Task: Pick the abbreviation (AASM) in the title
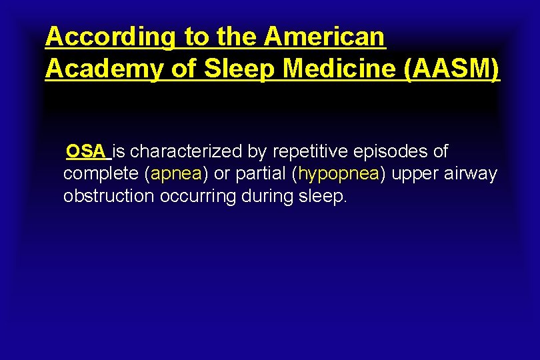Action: [452, 69]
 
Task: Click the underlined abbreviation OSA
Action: [86, 152]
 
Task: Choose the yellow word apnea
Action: [177, 175]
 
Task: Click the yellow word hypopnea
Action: [339, 175]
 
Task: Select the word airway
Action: [472, 175]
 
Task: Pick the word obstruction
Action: [109, 197]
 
